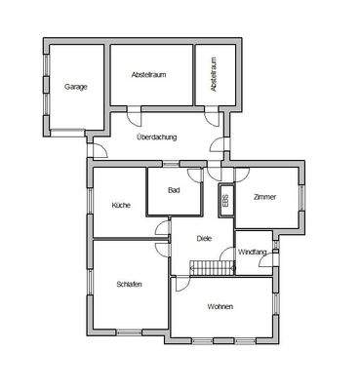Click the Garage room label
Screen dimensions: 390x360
(x=76, y=87)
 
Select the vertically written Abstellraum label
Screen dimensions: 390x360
(x=214, y=75)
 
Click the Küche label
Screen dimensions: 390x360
(x=121, y=206)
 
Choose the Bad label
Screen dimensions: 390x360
(x=174, y=190)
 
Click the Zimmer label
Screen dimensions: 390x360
(x=264, y=197)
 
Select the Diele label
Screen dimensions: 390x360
(x=204, y=237)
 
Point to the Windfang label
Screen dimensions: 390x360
(x=252, y=253)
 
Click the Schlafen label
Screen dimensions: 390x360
(x=129, y=284)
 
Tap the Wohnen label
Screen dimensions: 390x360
(x=220, y=307)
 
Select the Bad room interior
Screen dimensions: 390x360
(x=174, y=200)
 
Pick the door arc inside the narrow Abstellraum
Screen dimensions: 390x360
(x=213, y=111)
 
